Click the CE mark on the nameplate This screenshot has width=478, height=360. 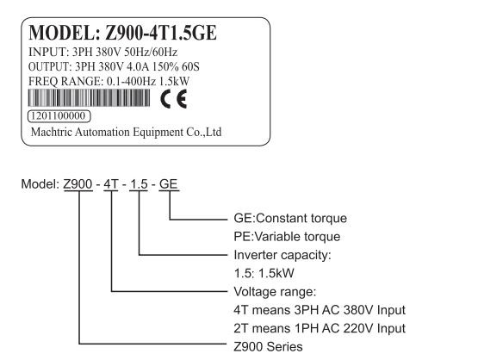coord(174,99)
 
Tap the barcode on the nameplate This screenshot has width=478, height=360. coord(89,98)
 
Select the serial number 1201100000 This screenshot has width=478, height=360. coord(59,116)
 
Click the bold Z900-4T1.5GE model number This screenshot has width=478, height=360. coord(161,33)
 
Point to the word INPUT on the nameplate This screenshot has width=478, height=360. coord(47,52)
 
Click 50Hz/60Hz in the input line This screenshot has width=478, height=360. coord(151,52)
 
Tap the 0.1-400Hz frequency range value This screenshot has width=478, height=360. coord(131,82)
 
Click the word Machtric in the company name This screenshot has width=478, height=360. coord(52,132)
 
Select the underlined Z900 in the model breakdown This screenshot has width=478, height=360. coord(78,184)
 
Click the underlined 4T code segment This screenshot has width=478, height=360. coord(110,184)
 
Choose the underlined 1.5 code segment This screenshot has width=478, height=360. coord(139,184)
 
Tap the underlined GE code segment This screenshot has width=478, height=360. coord(169,184)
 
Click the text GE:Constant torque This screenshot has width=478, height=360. coord(290,218)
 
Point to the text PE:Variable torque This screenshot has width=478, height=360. coord(287,237)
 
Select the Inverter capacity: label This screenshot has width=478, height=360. coord(282,255)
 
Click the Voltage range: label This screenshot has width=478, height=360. coord(275,292)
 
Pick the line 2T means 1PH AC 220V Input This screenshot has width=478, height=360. coord(320,328)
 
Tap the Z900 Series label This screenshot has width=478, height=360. coord(268,346)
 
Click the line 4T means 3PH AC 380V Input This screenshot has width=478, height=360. coord(320,310)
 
